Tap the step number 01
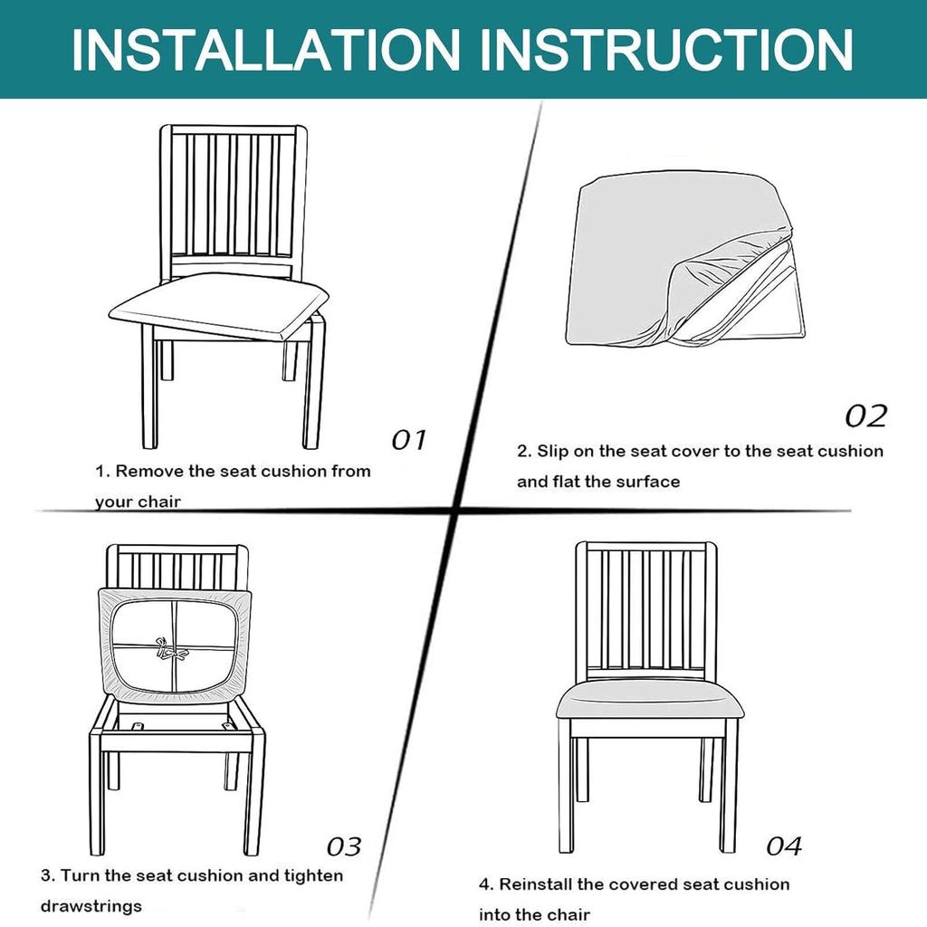coord(408,440)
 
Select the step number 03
coord(344,846)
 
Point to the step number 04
coord(784,846)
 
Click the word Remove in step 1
coord(148,471)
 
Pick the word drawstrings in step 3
coord(91,905)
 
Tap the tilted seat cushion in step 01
coord(217,305)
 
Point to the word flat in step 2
coord(595,482)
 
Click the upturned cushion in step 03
coord(172,645)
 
